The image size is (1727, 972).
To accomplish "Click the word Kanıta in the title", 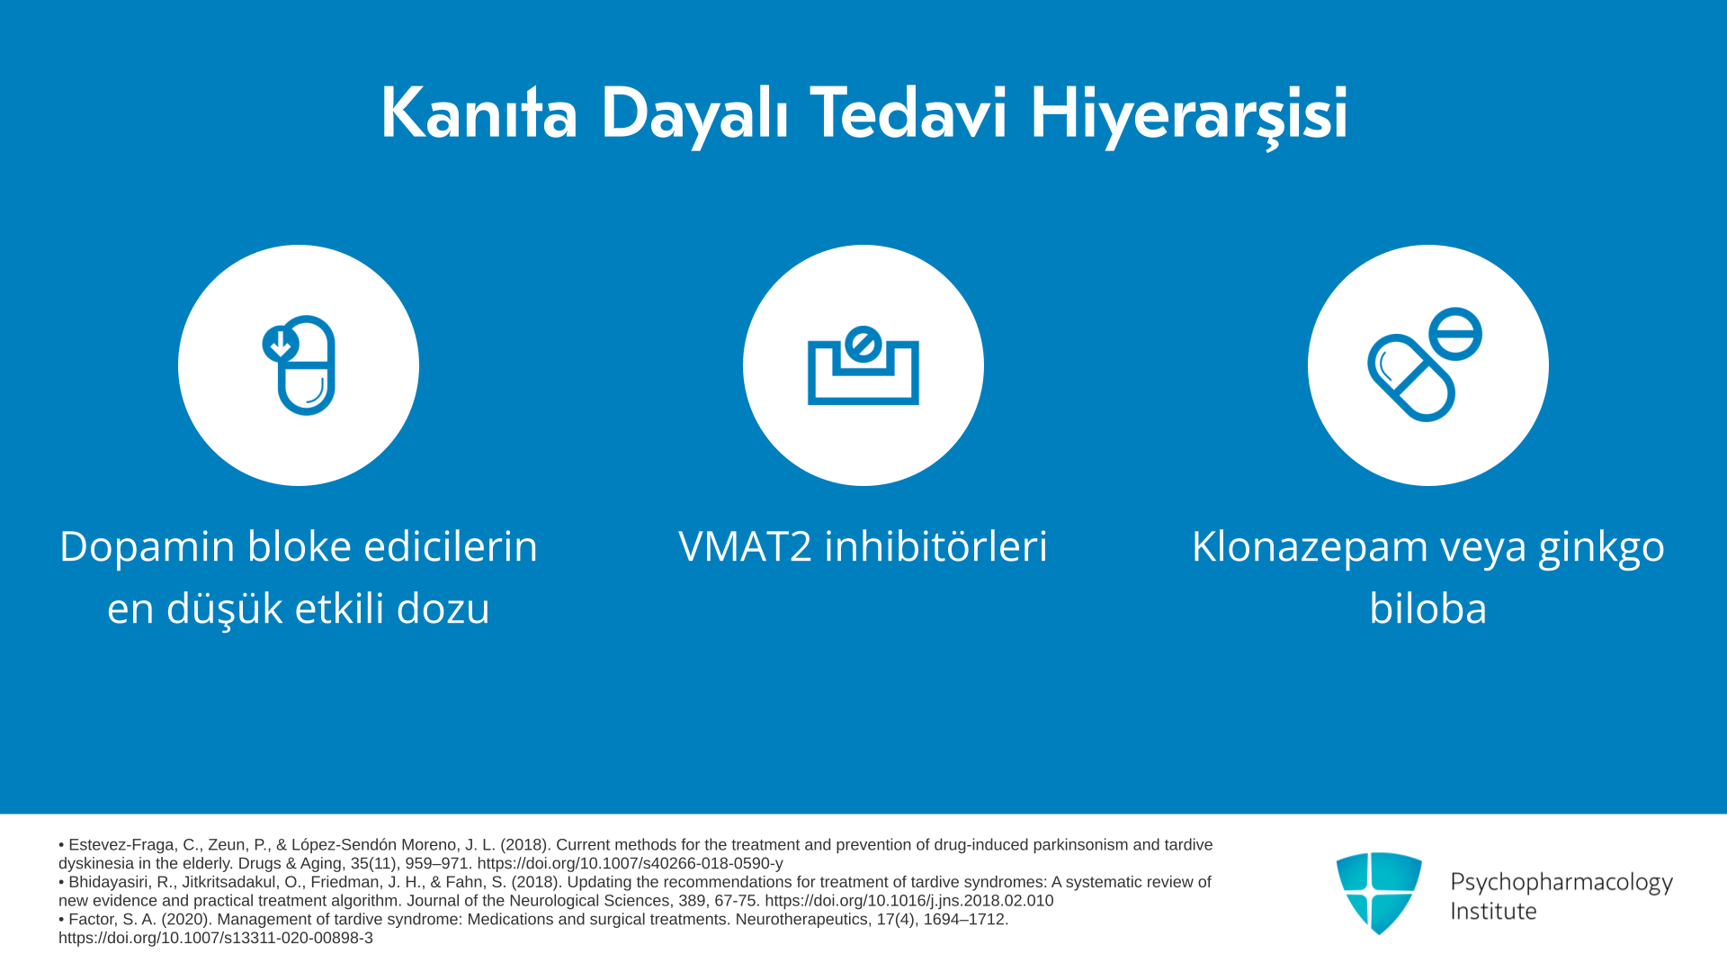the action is click(479, 113).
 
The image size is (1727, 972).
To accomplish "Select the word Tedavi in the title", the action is click(908, 113).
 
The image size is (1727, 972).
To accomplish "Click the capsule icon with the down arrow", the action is click(300, 364).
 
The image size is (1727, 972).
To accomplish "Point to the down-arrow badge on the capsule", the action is click(281, 344).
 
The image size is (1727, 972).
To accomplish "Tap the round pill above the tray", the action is click(863, 344).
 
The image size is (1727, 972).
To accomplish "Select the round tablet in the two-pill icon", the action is click(1454, 334).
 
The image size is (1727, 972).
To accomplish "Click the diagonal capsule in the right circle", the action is click(1411, 378).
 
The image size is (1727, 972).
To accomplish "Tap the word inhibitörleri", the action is click(936, 546).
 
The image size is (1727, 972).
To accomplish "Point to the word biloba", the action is click(1427, 608).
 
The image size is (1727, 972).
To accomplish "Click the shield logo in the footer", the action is click(1379, 893).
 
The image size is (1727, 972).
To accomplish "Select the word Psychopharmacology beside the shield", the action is click(1561, 883).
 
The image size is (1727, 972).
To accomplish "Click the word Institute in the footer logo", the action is click(1493, 911).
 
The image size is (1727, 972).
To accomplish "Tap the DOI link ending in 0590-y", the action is click(631, 863).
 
